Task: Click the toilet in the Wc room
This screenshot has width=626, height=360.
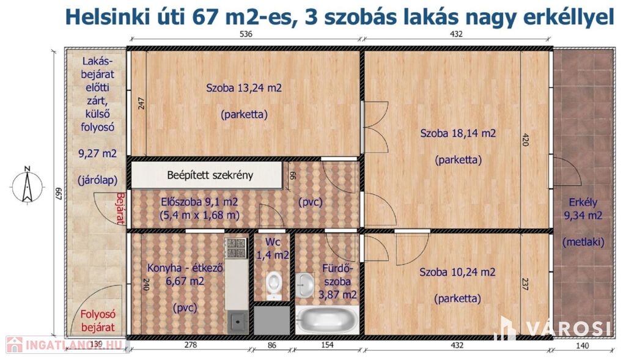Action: coord(274,285)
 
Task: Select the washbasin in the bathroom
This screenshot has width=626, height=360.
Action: coord(306,285)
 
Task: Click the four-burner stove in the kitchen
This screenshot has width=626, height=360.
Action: coord(237,248)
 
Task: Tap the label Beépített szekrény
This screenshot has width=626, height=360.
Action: coord(210,175)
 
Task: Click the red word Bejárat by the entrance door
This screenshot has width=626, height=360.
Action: coord(120,208)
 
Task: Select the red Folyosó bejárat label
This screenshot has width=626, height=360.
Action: coord(98,321)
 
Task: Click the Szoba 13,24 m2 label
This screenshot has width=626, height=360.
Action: coord(244,88)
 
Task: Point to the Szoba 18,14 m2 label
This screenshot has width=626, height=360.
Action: coord(458,133)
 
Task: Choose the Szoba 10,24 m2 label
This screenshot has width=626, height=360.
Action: coord(457,272)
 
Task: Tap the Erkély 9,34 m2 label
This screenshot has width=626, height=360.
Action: coord(583,209)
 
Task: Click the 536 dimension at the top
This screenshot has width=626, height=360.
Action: coord(246,34)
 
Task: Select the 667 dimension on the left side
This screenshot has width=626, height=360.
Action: coord(58,194)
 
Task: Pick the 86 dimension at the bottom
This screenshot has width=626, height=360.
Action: coord(272,345)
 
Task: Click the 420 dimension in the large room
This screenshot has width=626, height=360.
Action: coord(525,140)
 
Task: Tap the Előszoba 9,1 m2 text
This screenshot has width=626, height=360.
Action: coord(199,202)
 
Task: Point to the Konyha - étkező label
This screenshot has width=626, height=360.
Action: coord(185,268)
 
